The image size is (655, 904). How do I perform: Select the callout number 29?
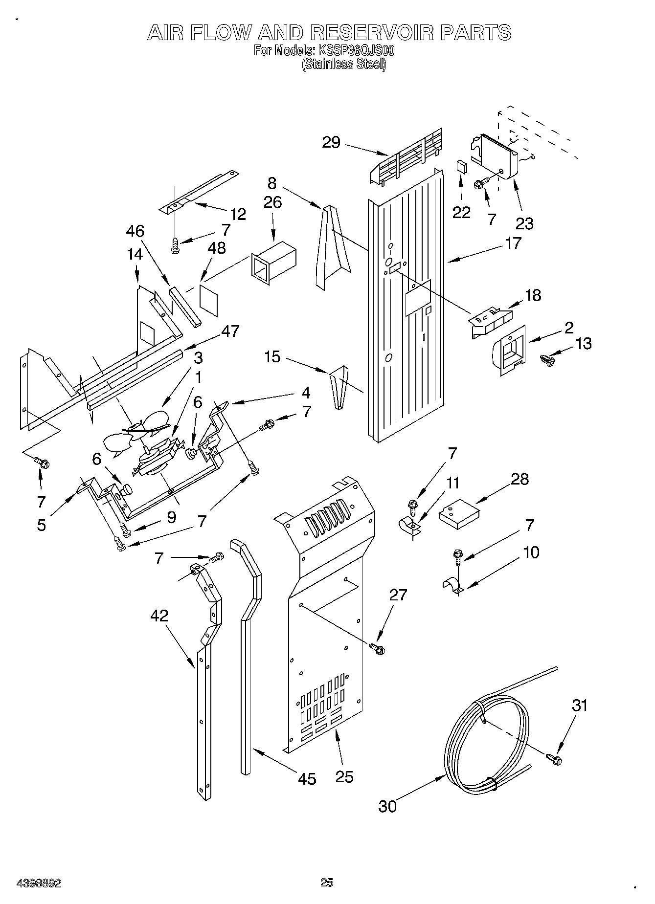(x=331, y=143)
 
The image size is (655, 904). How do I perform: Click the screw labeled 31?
(x=554, y=758)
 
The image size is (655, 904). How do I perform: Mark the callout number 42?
(x=159, y=616)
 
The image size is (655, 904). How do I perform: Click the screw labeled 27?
(x=378, y=648)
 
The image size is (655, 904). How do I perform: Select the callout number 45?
(x=307, y=778)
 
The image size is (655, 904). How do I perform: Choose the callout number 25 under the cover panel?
(x=344, y=776)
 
